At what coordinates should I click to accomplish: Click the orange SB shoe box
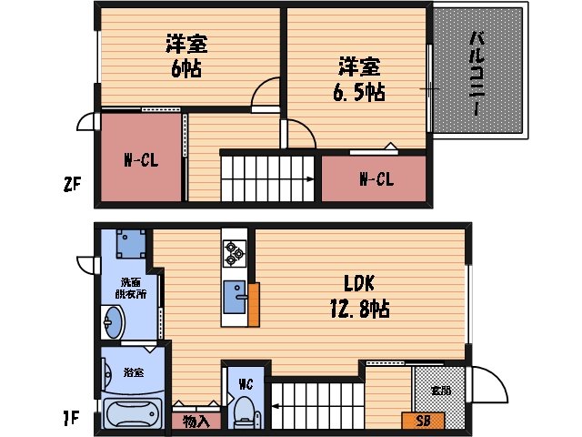click(x=423, y=421)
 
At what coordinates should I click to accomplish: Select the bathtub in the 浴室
click(x=133, y=412)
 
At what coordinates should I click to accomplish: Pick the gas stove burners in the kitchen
click(x=233, y=253)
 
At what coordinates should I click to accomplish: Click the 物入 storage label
click(x=196, y=422)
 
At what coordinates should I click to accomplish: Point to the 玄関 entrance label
click(x=440, y=390)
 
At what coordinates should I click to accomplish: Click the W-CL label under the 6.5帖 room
click(x=375, y=179)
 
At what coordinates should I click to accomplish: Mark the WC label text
click(x=246, y=383)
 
